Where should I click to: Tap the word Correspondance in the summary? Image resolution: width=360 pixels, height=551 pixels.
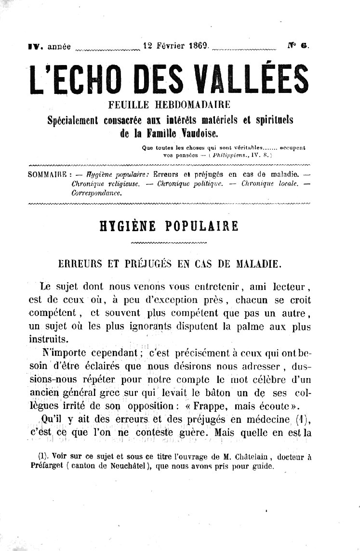point(96,192)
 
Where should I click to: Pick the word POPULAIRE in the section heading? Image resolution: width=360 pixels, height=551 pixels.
point(205,226)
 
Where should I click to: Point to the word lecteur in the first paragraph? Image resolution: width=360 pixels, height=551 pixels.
point(287,287)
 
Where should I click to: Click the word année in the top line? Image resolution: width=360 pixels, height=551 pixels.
point(58,47)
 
